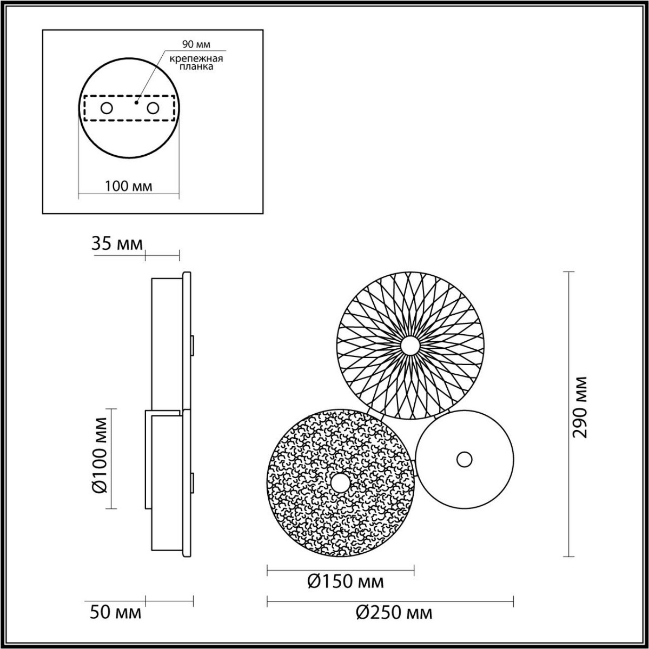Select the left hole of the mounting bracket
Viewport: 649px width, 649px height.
click(x=107, y=108)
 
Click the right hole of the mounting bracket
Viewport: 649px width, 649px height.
click(x=153, y=108)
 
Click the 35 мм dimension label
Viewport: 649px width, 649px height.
click(x=117, y=244)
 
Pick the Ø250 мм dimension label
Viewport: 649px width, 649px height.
click(x=394, y=613)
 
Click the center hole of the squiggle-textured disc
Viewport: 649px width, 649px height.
click(x=341, y=482)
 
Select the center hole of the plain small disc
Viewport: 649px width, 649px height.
click(x=464, y=459)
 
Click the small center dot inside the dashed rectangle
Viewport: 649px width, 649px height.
click(x=137, y=101)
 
